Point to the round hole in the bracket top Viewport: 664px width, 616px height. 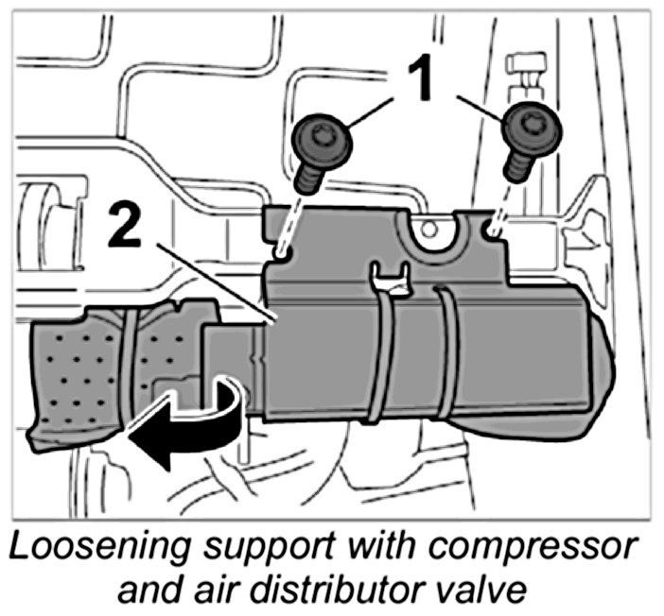[x=429, y=228]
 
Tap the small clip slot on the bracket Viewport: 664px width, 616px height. [x=390, y=277]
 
